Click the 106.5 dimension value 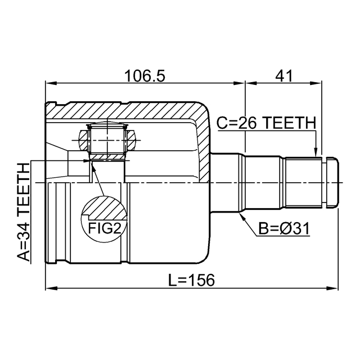(145, 75)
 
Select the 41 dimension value (285, 75)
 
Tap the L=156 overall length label (191, 280)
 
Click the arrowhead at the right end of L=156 (336, 289)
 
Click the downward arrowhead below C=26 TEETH (316, 152)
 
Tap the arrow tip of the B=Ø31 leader (240, 215)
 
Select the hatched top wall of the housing (124, 111)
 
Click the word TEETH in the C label (290, 123)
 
